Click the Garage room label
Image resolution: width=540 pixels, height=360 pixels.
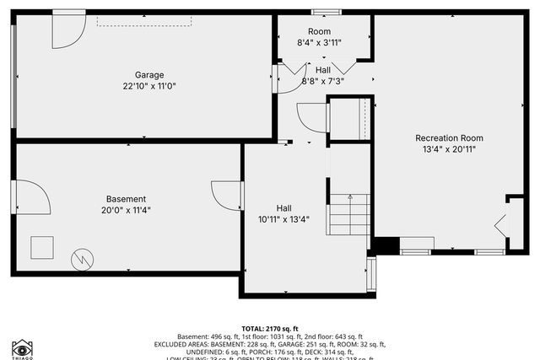[x=149, y=74]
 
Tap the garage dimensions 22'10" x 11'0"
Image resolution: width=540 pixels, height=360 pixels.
[x=149, y=86]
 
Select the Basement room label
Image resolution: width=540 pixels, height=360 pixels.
[x=126, y=199]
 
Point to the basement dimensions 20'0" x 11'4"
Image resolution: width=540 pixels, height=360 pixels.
[x=126, y=211]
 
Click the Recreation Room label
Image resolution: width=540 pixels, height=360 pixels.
[x=449, y=137]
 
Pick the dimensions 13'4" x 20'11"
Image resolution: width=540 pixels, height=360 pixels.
[x=449, y=150]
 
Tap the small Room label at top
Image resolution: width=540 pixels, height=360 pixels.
[x=319, y=31]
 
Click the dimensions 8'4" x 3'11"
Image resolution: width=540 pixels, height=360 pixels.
[x=319, y=42]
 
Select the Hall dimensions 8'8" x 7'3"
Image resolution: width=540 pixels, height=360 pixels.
[x=323, y=82]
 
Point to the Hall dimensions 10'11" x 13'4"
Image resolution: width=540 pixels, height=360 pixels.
[x=284, y=219]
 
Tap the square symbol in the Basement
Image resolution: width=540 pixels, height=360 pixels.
[x=42, y=248]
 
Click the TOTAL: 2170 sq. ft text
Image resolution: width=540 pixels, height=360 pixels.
[x=270, y=329]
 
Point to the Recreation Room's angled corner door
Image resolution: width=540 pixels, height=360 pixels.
[x=500, y=224]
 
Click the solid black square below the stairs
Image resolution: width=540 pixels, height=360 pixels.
[x=386, y=245]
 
